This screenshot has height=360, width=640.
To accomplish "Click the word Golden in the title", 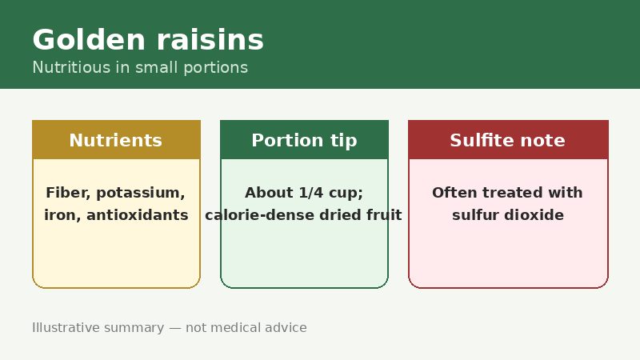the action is coord(89,39).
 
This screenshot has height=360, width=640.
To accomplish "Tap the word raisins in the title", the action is coord(210,39).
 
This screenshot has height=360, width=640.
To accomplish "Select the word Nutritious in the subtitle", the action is coord(71,67).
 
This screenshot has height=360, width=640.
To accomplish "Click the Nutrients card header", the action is coord(116,139).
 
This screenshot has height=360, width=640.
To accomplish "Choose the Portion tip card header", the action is coord(304,139).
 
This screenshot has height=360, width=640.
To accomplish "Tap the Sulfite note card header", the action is coord(508,139).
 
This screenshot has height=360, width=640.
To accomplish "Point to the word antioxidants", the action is coord(138,215).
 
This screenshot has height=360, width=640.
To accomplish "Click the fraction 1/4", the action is coord(311,193).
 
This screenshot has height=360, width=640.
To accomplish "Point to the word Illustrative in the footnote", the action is coord(66,327).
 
